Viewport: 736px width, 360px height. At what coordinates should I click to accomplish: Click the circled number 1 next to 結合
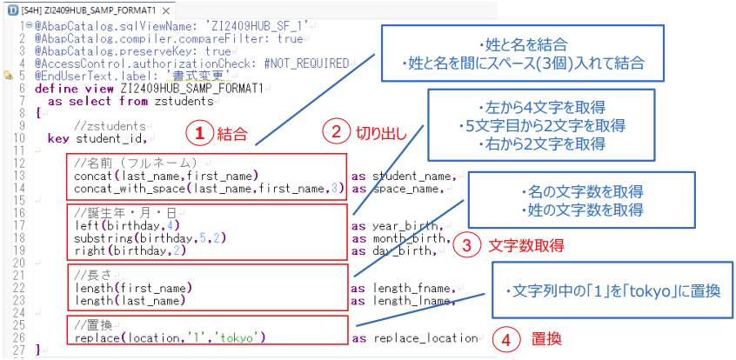point(200,133)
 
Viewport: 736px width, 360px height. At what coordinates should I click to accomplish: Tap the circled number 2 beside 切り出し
point(336,132)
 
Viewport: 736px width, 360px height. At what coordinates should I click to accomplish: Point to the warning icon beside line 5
point(8,75)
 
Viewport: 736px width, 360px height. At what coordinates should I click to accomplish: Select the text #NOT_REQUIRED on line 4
point(306,63)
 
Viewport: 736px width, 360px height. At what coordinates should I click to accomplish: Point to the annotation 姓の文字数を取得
point(582,210)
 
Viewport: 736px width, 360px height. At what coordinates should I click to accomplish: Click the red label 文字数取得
point(525,246)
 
